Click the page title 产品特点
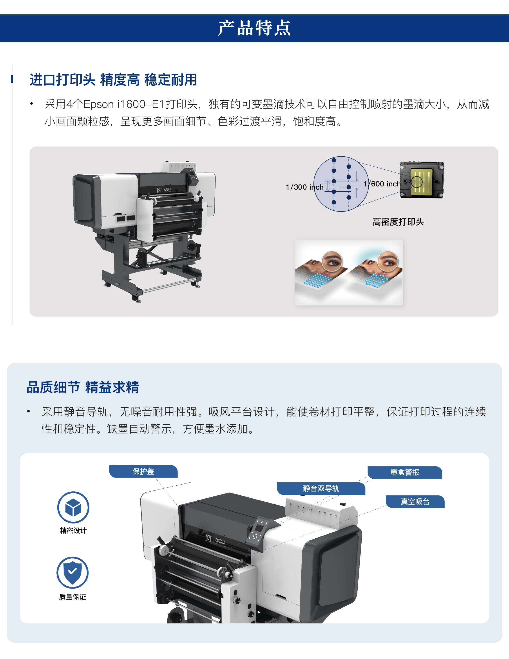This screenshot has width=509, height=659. (x=254, y=28)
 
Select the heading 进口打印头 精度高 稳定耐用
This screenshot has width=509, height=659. (x=113, y=80)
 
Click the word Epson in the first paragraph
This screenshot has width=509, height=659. (x=98, y=104)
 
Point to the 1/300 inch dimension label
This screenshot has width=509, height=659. (x=304, y=187)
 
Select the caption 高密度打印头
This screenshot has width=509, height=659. (x=398, y=222)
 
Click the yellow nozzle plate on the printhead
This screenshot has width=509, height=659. (x=422, y=181)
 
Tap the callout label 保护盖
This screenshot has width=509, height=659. (x=143, y=471)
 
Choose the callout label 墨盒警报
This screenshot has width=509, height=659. (x=405, y=472)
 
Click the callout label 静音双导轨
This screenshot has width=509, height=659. (x=321, y=488)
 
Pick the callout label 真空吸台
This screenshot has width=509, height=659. (x=415, y=501)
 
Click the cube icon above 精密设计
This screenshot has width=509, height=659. (x=73, y=507)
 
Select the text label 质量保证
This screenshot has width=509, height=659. (x=72, y=597)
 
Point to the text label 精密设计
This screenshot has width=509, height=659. (x=73, y=530)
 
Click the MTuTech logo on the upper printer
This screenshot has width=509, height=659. (x=164, y=190)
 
